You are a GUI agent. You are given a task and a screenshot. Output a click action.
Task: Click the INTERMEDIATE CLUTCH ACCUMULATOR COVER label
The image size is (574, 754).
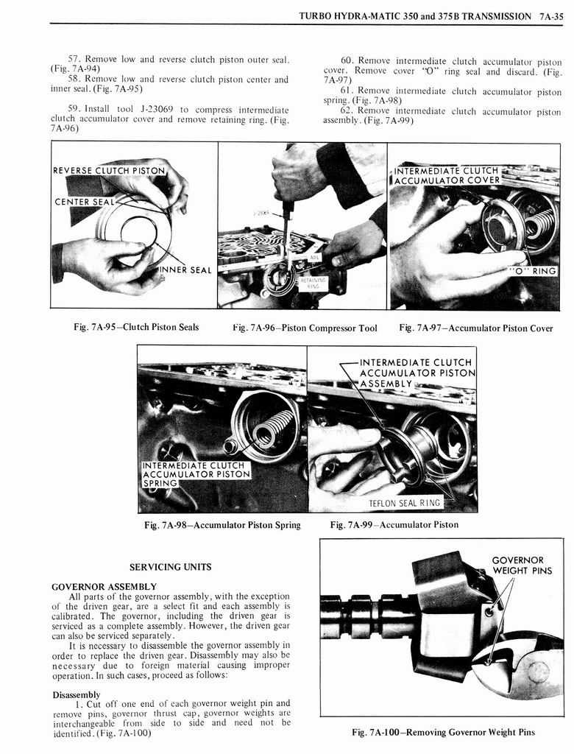(447, 175)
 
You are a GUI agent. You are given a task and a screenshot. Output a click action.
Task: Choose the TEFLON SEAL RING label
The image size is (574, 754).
(405, 503)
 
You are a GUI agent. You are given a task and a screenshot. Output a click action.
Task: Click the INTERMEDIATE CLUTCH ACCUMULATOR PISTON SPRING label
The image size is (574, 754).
(193, 474)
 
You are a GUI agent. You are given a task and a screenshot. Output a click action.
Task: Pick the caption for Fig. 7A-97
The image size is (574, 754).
(475, 328)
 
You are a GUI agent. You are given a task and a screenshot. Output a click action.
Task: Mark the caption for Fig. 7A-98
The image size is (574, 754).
(222, 525)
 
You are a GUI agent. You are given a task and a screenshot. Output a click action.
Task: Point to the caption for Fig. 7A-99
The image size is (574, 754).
(394, 525)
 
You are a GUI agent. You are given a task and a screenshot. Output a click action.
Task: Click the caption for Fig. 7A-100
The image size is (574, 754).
(442, 732)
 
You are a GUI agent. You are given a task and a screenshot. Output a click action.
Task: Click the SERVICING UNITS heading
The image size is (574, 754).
(170, 567)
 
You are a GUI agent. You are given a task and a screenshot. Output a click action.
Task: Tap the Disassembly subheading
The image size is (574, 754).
(77, 694)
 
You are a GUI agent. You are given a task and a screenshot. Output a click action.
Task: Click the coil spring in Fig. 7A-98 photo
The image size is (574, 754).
(273, 428)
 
